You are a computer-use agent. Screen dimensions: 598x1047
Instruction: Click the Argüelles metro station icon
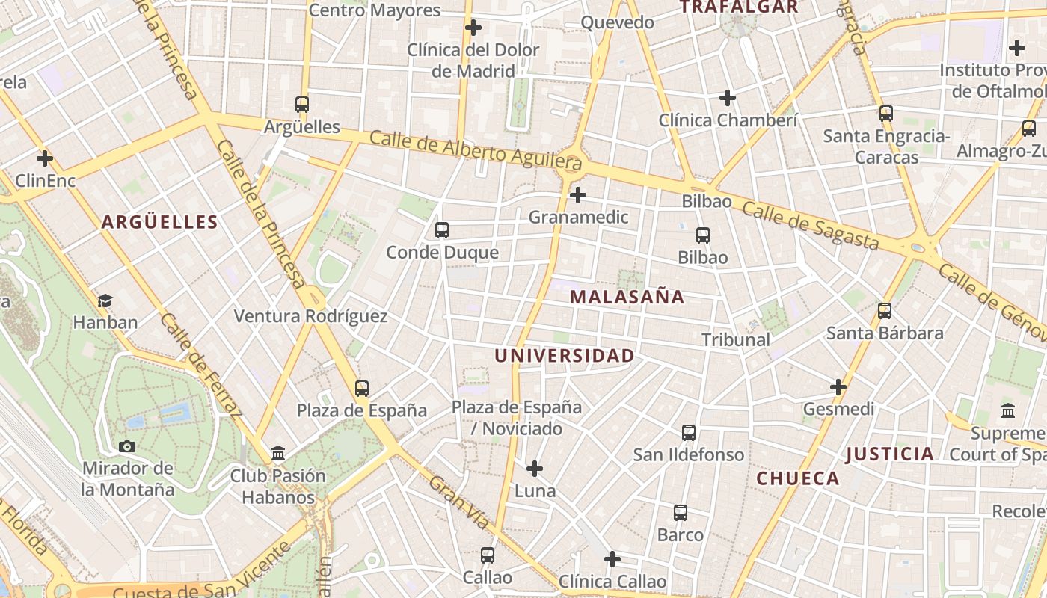(302, 105)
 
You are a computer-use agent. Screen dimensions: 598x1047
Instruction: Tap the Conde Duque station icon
(442, 230)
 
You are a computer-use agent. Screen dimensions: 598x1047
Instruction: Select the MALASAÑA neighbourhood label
(627, 297)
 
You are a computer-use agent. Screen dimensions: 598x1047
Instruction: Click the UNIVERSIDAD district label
(564, 356)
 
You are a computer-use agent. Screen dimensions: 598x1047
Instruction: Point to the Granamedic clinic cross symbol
(577, 196)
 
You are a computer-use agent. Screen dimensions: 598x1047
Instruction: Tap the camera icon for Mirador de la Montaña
(127, 447)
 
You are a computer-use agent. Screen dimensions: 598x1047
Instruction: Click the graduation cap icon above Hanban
(105, 300)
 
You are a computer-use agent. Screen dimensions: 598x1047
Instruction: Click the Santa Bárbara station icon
(885, 311)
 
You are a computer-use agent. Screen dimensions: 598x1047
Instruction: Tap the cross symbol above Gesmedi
(838, 387)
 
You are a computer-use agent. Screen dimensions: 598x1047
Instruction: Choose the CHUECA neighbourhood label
(798, 478)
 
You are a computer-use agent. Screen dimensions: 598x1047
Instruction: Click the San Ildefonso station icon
(689, 433)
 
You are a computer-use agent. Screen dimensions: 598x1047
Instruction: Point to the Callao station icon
(488, 555)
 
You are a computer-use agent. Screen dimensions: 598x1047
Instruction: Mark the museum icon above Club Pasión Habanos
(278, 453)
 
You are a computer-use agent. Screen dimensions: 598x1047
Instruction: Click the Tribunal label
(735, 339)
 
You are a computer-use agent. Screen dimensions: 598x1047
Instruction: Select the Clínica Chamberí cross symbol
(728, 98)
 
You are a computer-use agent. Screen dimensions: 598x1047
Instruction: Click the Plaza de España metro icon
(362, 389)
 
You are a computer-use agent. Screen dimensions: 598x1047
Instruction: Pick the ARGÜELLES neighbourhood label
(160, 222)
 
